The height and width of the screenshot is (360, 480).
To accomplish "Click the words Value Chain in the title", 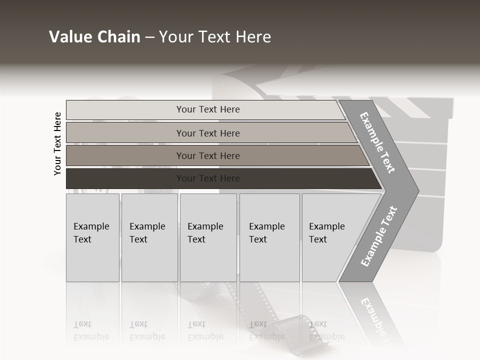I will [94, 37].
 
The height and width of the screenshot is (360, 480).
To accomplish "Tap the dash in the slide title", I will [149, 37].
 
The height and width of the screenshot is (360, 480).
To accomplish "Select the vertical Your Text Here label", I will [57, 143].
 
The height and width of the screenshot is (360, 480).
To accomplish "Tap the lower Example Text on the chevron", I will [378, 236].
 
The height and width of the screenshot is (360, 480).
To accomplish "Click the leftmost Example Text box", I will [92, 237].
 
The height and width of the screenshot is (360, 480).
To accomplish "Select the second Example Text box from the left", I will [149, 237].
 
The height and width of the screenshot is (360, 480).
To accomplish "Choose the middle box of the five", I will [208, 237].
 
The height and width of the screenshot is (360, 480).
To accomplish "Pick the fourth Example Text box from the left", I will [269, 237].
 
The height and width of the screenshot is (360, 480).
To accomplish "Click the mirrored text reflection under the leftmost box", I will [91, 331].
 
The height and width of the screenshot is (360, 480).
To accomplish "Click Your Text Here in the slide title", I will [215, 37].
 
